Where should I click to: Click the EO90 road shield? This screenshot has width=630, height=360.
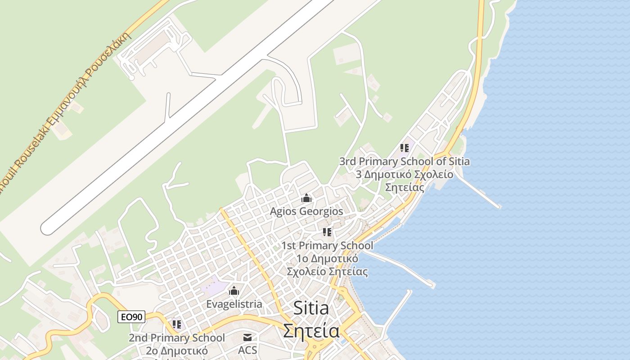131,317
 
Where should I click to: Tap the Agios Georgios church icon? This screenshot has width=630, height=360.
306,198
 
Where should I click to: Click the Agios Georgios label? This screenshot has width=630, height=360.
306,211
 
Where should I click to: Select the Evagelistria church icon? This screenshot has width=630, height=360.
234,291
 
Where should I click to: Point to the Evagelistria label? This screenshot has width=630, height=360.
234,304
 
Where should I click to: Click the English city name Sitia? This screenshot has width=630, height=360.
311,308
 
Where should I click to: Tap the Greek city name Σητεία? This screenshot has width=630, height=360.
311,331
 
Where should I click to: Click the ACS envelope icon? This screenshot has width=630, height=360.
247,337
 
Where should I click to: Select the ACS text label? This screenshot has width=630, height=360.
247,350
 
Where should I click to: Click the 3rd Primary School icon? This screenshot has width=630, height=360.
404,148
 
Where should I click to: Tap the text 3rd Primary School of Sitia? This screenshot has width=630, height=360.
404,161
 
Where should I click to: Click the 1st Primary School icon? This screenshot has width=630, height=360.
327,232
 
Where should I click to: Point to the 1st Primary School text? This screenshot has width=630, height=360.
327,246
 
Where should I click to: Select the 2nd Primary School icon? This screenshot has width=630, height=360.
177,324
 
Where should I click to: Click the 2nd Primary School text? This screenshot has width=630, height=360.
177,337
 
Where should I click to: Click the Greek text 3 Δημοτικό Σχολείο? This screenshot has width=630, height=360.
404,174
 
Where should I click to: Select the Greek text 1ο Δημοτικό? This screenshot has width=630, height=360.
327,259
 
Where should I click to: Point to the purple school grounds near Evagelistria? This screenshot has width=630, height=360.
214,286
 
